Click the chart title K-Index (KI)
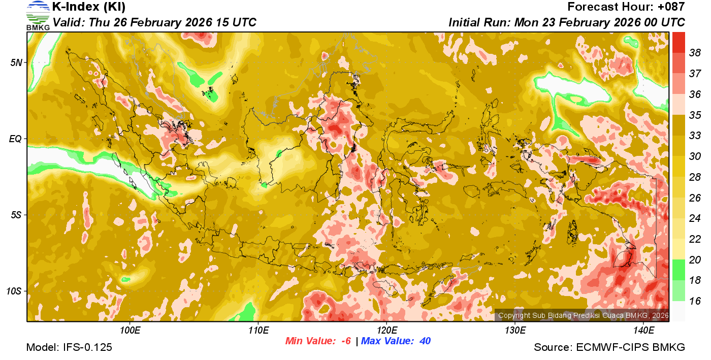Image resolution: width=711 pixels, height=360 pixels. [89, 7]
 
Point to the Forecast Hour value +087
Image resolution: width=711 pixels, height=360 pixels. [671, 7]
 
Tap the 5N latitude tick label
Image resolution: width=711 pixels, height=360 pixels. [16, 62]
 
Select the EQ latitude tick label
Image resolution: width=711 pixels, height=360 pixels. [16, 139]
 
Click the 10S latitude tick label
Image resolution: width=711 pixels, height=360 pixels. [14, 291]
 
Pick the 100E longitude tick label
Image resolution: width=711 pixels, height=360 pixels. [130, 331]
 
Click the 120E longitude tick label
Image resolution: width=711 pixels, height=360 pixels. [386, 331]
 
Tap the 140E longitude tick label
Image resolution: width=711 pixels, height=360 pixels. [643, 331]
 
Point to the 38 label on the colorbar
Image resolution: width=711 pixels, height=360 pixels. [695, 53]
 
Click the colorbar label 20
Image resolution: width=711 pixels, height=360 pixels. [695, 260]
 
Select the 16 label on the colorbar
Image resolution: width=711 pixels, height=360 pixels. [695, 301]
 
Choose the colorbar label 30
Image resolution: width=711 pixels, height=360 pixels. [695, 156]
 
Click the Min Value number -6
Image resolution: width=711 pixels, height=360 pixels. [346, 341]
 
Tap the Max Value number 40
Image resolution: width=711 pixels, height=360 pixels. [425, 341]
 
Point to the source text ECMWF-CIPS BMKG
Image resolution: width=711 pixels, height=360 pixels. [630, 347]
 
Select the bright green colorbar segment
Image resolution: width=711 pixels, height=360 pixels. [678, 270]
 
